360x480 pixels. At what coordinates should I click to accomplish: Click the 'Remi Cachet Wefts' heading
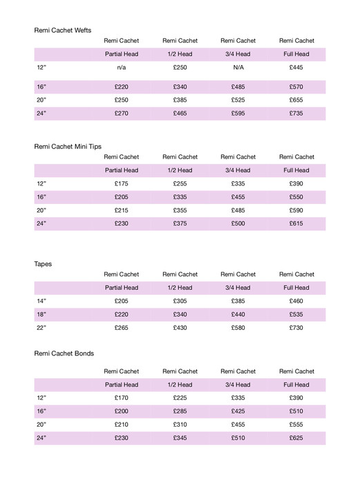click(63, 30)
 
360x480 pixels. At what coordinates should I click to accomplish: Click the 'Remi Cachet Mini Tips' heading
click(68, 146)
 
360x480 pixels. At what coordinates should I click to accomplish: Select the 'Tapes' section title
click(43, 264)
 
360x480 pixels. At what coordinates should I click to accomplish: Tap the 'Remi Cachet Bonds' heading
click(64, 353)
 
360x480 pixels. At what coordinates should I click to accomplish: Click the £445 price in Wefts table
click(296, 68)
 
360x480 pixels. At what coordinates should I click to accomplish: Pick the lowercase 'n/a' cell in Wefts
click(121, 68)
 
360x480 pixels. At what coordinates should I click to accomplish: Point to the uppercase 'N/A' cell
click(238, 68)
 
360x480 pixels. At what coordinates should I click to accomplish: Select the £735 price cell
click(296, 113)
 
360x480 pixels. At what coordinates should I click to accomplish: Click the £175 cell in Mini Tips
click(121, 184)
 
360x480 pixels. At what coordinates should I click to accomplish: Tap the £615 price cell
click(296, 223)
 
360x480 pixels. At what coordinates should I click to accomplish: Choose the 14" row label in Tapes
click(41, 302)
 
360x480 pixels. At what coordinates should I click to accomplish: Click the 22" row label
click(41, 328)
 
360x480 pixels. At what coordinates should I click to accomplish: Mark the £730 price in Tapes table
click(296, 328)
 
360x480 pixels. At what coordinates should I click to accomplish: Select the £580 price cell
click(238, 328)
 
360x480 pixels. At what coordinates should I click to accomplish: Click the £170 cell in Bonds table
click(121, 398)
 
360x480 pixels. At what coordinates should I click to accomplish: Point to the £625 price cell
click(296, 438)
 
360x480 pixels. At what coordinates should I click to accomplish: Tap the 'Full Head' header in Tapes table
click(296, 288)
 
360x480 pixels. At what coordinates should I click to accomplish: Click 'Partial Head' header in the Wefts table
click(121, 54)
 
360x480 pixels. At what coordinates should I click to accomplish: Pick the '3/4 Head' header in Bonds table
click(238, 385)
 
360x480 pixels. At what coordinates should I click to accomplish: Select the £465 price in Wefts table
click(180, 113)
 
